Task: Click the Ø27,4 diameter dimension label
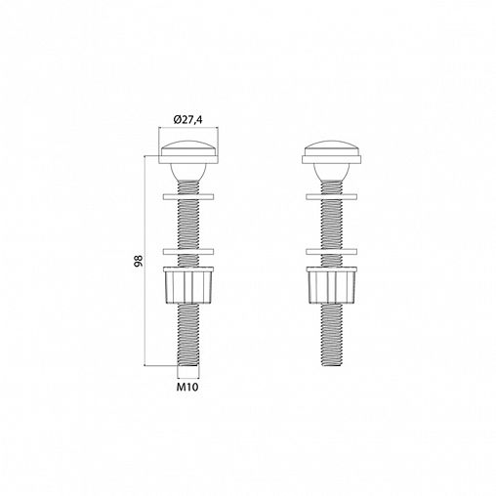click(x=188, y=120)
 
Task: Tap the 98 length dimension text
click(x=139, y=261)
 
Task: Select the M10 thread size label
click(x=187, y=387)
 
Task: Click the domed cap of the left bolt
click(x=188, y=148)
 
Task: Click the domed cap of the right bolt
click(x=332, y=148)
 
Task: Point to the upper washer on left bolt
click(x=188, y=196)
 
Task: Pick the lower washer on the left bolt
click(x=188, y=252)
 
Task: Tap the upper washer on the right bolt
click(x=332, y=196)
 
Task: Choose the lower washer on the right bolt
click(x=332, y=252)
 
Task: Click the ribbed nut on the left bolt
click(x=188, y=285)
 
